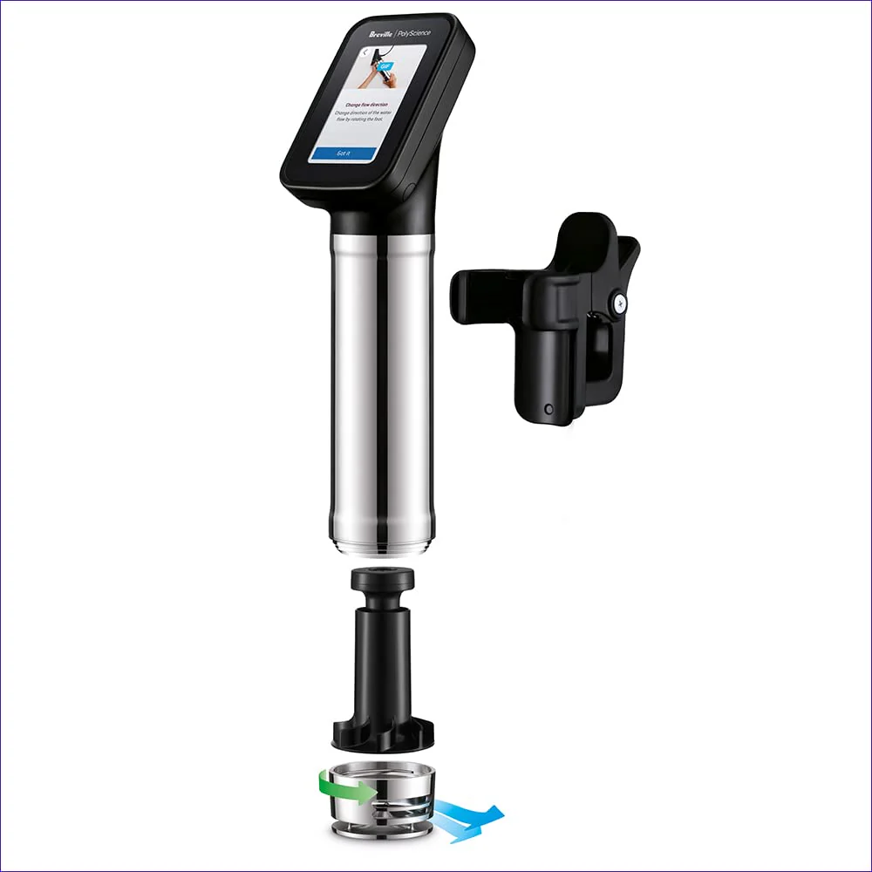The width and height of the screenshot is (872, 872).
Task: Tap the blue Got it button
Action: (x=343, y=153)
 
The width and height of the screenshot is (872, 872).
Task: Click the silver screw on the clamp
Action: (x=619, y=302)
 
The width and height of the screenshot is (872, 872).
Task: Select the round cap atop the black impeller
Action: (x=380, y=579)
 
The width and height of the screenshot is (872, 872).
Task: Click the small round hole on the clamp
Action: (x=548, y=408)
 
